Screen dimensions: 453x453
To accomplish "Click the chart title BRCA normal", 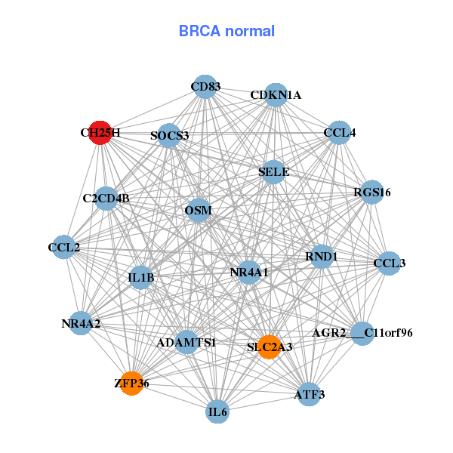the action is click(x=226, y=31).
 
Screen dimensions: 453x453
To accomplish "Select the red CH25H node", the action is click(x=100, y=132).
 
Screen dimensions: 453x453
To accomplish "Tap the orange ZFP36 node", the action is click(x=131, y=384).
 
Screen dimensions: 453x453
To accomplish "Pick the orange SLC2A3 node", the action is click(x=269, y=347).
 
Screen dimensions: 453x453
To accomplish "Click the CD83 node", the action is click(x=205, y=87).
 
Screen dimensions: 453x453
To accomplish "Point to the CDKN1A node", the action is click(x=276, y=95).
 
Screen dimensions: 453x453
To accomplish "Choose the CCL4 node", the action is click(x=339, y=133).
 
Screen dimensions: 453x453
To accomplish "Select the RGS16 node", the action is click(x=372, y=193).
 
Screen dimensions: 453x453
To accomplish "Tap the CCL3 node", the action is click(x=389, y=263).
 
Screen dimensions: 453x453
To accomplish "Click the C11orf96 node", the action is click(x=363, y=333).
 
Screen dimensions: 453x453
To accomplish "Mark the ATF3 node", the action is click(x=309, y=394).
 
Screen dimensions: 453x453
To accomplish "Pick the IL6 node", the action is click(x=217, y=412).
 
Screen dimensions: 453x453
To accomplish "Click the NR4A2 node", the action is click(x=81, y=324).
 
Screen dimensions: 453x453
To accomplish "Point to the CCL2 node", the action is click(x=63, y=247).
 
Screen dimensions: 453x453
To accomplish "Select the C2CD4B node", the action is click(x=106, y=199).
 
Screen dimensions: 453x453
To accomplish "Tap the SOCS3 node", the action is click(x=169, y=136).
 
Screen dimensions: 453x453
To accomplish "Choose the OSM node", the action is click(x=198, y=210).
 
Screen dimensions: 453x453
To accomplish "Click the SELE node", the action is click(x=273, y=172).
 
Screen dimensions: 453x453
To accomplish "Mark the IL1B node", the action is click(x=141, y=278).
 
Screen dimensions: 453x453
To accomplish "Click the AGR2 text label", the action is click(x=329, y=333).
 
